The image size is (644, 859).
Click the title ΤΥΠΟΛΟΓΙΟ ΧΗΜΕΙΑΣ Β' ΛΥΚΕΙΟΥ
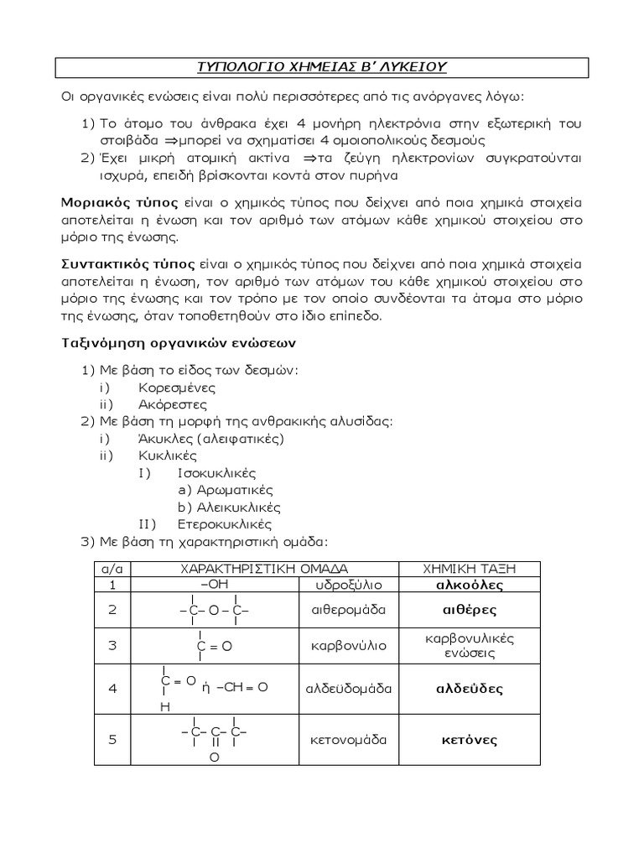(321, 66)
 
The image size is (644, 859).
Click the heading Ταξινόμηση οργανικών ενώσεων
(178, 343)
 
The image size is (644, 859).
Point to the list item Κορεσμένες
(177, 388)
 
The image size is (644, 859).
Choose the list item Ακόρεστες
(173, 404)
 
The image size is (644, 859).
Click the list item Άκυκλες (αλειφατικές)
(211, 439)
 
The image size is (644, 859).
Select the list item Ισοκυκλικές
(216, 473)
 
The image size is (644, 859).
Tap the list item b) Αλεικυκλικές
(229, 508)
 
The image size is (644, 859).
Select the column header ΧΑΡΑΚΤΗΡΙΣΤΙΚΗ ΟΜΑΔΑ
(264, 569)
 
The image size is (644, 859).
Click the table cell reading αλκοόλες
(469, 585)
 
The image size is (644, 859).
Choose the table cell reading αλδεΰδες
(469, 689)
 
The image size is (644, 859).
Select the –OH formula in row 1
(216, 584)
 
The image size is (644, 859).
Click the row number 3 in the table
(112, 645)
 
